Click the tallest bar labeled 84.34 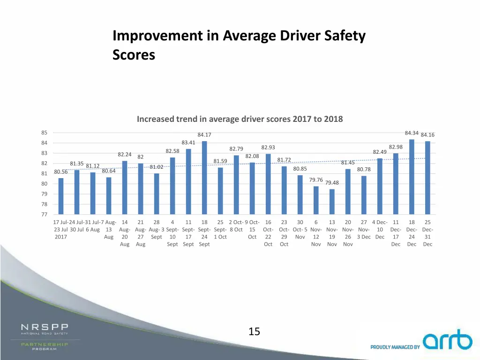tap(412, 177)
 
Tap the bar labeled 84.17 tap(204, 178)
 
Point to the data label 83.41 tap(188, 142)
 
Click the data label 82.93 tap(268, 148)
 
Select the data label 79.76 tap(316, 180)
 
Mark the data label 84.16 tap(427, 135)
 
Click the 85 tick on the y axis tap(44, 133)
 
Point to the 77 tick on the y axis tap(44, 215)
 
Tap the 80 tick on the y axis tap(44, 184)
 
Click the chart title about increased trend tap(240, 119)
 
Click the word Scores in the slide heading tap(134, 55)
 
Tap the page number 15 tap(254, 332)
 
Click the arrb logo tap(447, 341)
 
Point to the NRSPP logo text tap(45, 327)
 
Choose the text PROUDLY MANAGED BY tap(395, 347)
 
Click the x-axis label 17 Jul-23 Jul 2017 tap(61, 230)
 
